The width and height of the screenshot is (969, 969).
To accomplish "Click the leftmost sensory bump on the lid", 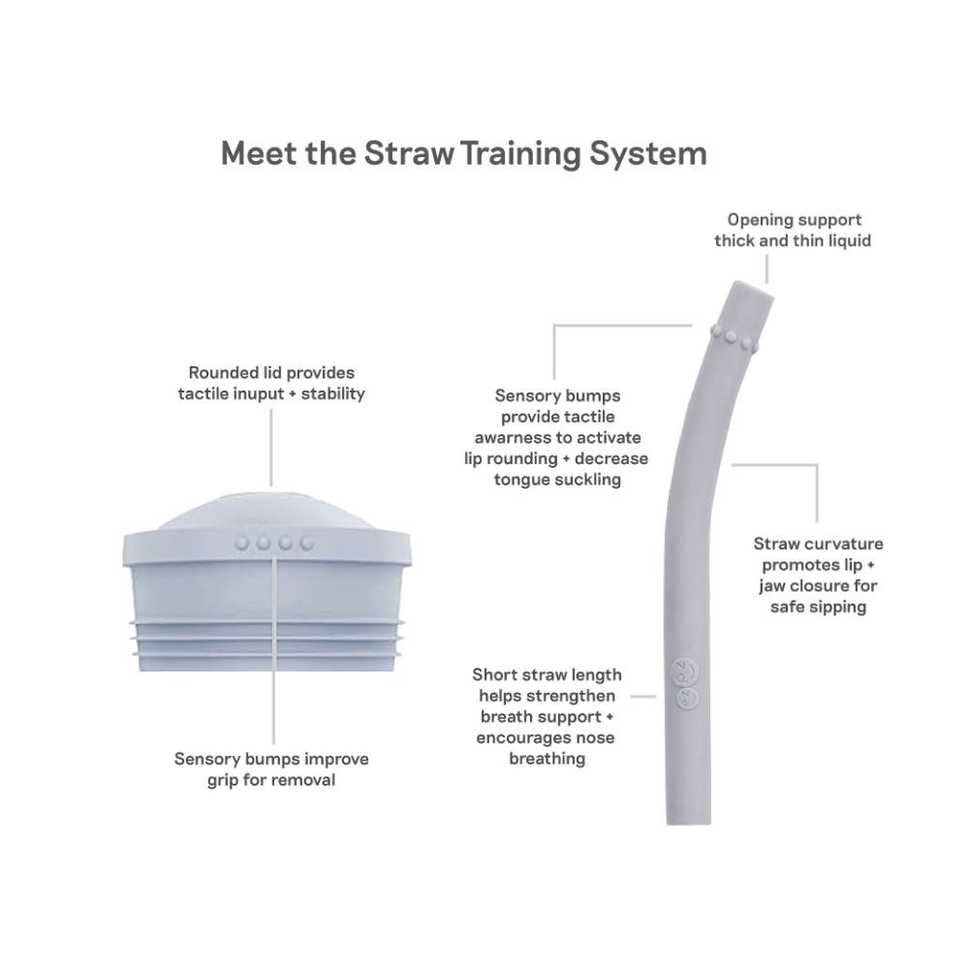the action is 242,544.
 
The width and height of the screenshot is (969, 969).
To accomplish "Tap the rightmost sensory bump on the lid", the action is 306,544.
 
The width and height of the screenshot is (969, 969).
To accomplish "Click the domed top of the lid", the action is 267,511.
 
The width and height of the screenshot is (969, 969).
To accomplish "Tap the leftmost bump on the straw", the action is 717,330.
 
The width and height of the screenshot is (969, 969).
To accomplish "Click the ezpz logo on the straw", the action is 686,684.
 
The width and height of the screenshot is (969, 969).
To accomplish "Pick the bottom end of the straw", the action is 688,822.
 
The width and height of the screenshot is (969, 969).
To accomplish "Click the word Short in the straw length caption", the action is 496,674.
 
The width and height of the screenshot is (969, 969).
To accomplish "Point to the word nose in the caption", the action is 594,737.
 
